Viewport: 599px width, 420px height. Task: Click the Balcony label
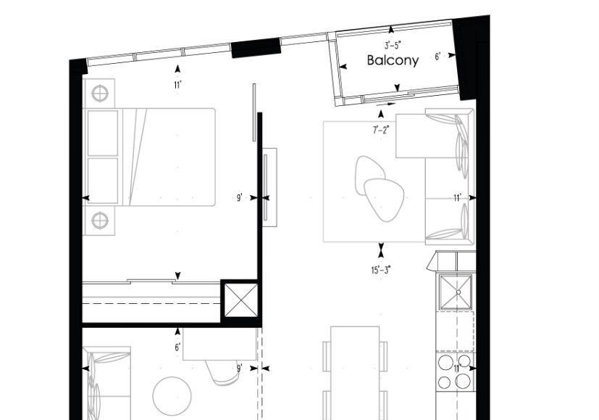pyautogui.click(x=393, y=60)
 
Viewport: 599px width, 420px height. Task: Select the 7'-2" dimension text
pyautogui.click(x=381, y=130)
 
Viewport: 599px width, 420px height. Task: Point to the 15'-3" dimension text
pyautogui.click(x=381, y=271)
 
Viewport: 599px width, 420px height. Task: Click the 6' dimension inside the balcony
pyautogui.click(x=437, y=57)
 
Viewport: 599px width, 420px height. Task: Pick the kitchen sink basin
pyautogui.click(x=456, y=292)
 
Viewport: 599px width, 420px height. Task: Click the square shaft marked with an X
pyautogui.click(x=240, y=300)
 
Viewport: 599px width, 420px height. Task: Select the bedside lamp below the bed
pyautogui.click(x=100, y=221)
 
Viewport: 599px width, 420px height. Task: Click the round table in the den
pyautogui.click(x=172, y=396)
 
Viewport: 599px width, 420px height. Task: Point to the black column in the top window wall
pyautogui.click(x=256, y=48)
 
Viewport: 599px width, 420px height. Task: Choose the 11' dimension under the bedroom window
pyautogui.click(x=177, y=85)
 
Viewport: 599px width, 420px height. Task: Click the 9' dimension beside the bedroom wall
pyautogui.click(x=240, y=198)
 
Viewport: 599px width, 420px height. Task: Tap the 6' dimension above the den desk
pyautogui.click(x=177, y=347)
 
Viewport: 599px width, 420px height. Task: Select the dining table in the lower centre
pyautogui.click(x=356, y=373)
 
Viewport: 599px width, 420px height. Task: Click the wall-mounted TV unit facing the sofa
pyautogui.click(x=269, y=187)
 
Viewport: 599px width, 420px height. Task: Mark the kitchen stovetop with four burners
pyautogui.click(x=456, y=372)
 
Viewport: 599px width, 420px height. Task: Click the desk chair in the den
pyautogui.click(x=222, y=372)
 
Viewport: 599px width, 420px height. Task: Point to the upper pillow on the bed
pyautogui.click(x=103, y=133)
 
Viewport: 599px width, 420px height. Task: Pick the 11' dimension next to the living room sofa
pyautogui.click(x=458, y=198)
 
